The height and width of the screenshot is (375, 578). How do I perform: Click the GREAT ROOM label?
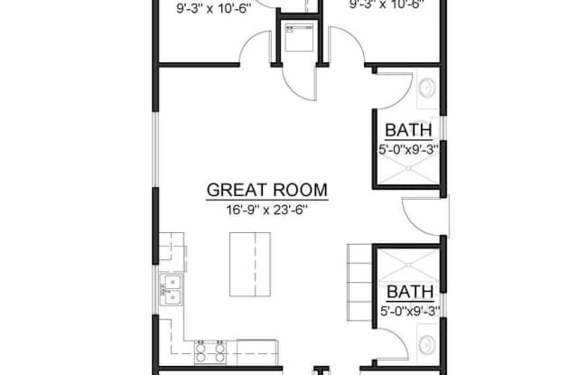[x=266, y=191]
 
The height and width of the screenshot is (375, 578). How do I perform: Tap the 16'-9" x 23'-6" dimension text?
[x=266, y=210]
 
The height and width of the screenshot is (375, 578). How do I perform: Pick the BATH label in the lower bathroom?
[x=411, y=292]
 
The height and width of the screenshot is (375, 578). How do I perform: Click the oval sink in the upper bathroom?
[x=427, y=88]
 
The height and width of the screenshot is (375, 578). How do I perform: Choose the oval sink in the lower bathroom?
[x=427, y=343]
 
